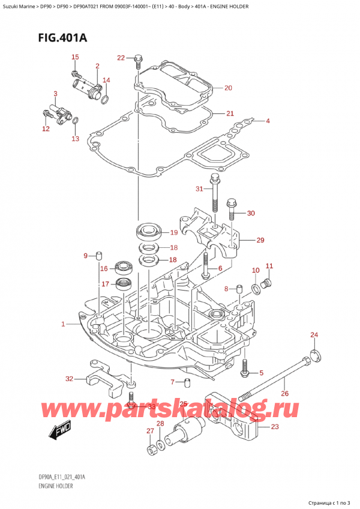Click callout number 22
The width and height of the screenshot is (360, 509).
(121, 58)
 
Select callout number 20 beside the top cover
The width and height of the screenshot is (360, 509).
(228, 88)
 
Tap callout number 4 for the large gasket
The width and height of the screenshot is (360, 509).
(268, 121)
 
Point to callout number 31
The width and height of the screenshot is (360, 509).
(200, 190)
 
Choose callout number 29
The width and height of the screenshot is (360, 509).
(260, 240)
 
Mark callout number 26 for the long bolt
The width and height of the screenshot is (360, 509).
(284, 394)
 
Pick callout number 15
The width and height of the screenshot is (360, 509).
(75, 57)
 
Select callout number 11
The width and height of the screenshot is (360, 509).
(269, 266)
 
